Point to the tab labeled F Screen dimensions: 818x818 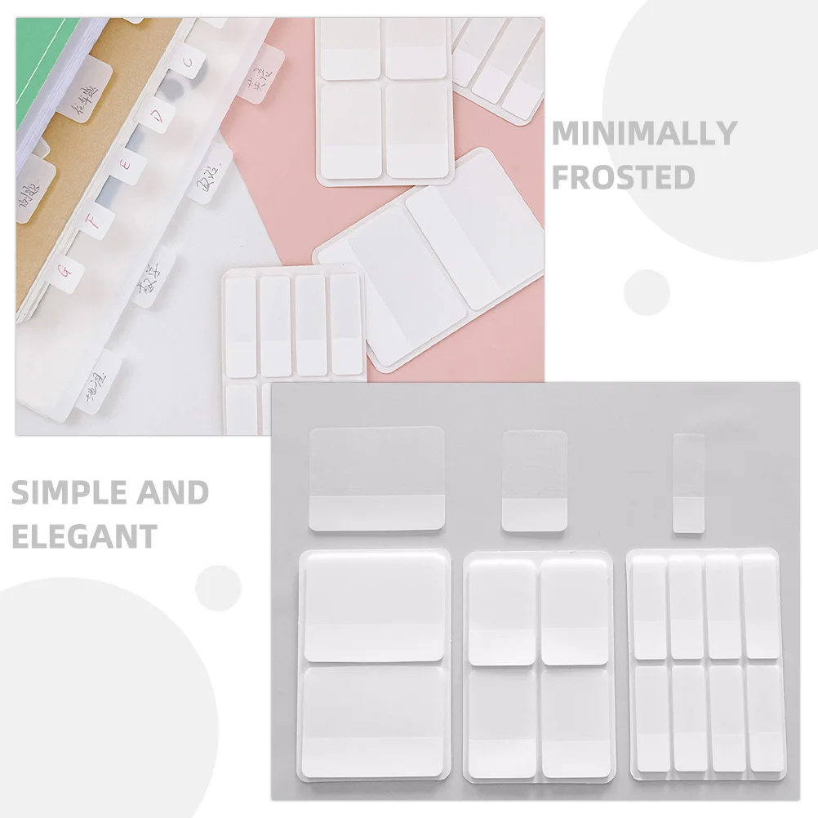click(95, 220)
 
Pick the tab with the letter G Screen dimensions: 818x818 click(67, 269)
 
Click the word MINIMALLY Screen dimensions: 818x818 click(644, 132)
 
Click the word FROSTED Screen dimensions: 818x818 click(624, 176)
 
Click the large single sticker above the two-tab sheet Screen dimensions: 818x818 click(376, 478)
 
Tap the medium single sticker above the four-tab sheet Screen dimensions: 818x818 click(534, 481)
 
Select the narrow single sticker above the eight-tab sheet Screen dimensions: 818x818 click(688, 484)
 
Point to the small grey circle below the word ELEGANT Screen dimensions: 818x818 click(218, 587)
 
